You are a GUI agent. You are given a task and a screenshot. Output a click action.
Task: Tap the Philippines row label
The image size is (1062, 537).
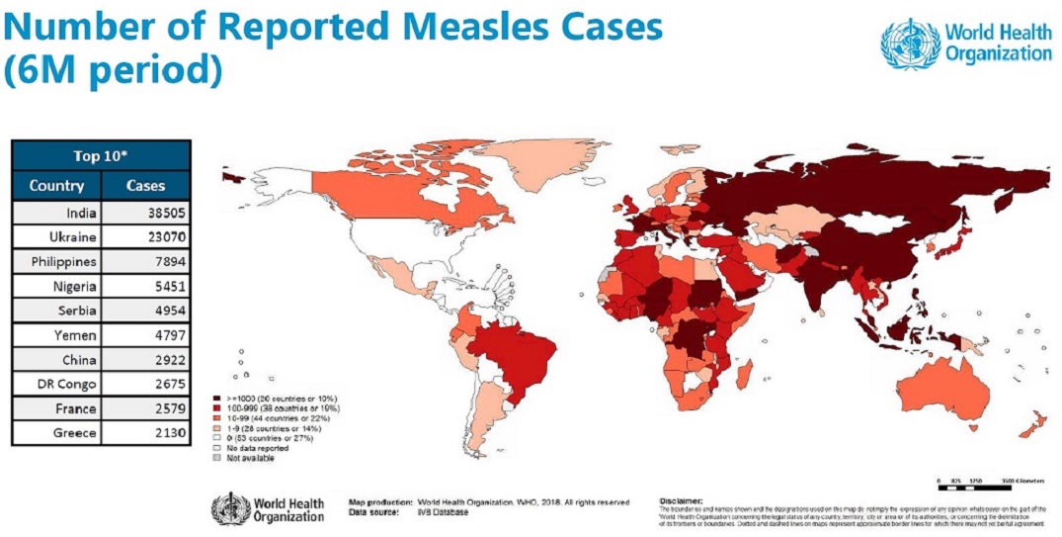(64, 262)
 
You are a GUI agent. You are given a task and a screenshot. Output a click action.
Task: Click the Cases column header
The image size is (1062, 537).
(146, 186)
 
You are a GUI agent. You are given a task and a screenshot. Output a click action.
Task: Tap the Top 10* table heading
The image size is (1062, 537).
(101, 156)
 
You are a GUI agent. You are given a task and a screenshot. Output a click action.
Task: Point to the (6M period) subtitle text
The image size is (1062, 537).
(114, 71)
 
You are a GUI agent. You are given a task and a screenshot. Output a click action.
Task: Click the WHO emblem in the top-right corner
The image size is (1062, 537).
(910, 44)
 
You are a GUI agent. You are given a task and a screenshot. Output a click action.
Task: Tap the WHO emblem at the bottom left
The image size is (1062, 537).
(230, 508)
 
